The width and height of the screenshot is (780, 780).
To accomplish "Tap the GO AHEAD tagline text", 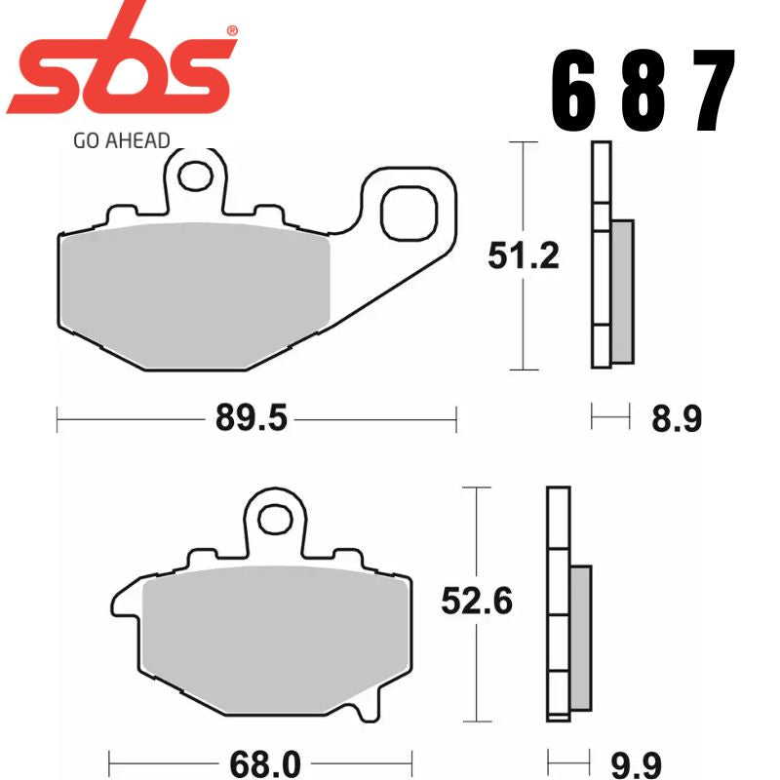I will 121,140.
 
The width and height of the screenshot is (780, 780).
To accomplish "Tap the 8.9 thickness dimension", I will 676,420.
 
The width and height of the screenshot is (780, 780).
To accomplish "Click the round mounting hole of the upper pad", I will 198,175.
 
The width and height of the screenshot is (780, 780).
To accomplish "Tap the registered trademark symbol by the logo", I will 231,32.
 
